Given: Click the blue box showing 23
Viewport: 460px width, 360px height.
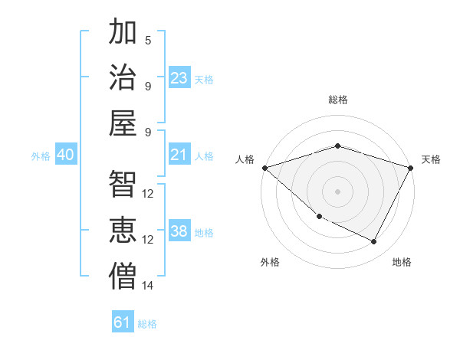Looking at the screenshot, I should click(179, 78).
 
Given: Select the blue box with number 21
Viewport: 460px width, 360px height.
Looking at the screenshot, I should click(179, 155).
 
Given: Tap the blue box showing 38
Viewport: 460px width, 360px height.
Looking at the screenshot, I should click(179, 232).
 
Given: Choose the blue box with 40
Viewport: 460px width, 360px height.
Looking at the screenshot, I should click(66, 155).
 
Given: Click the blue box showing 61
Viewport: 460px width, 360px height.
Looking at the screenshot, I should click(123, 322).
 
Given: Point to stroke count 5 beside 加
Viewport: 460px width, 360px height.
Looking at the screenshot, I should click(148, 40).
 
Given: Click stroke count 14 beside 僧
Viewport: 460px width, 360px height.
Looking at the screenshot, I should click(148, 286).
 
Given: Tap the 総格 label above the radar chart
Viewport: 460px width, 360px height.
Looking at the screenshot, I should click(337, 100).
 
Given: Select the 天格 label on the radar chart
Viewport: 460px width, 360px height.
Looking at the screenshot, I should click(431, 159).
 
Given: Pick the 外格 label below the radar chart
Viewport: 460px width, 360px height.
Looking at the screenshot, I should click(270, 262).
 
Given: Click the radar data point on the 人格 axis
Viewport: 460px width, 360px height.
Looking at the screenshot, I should click(264, 168).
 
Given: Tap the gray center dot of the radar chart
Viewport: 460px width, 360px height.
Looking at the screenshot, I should click(337, 191).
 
